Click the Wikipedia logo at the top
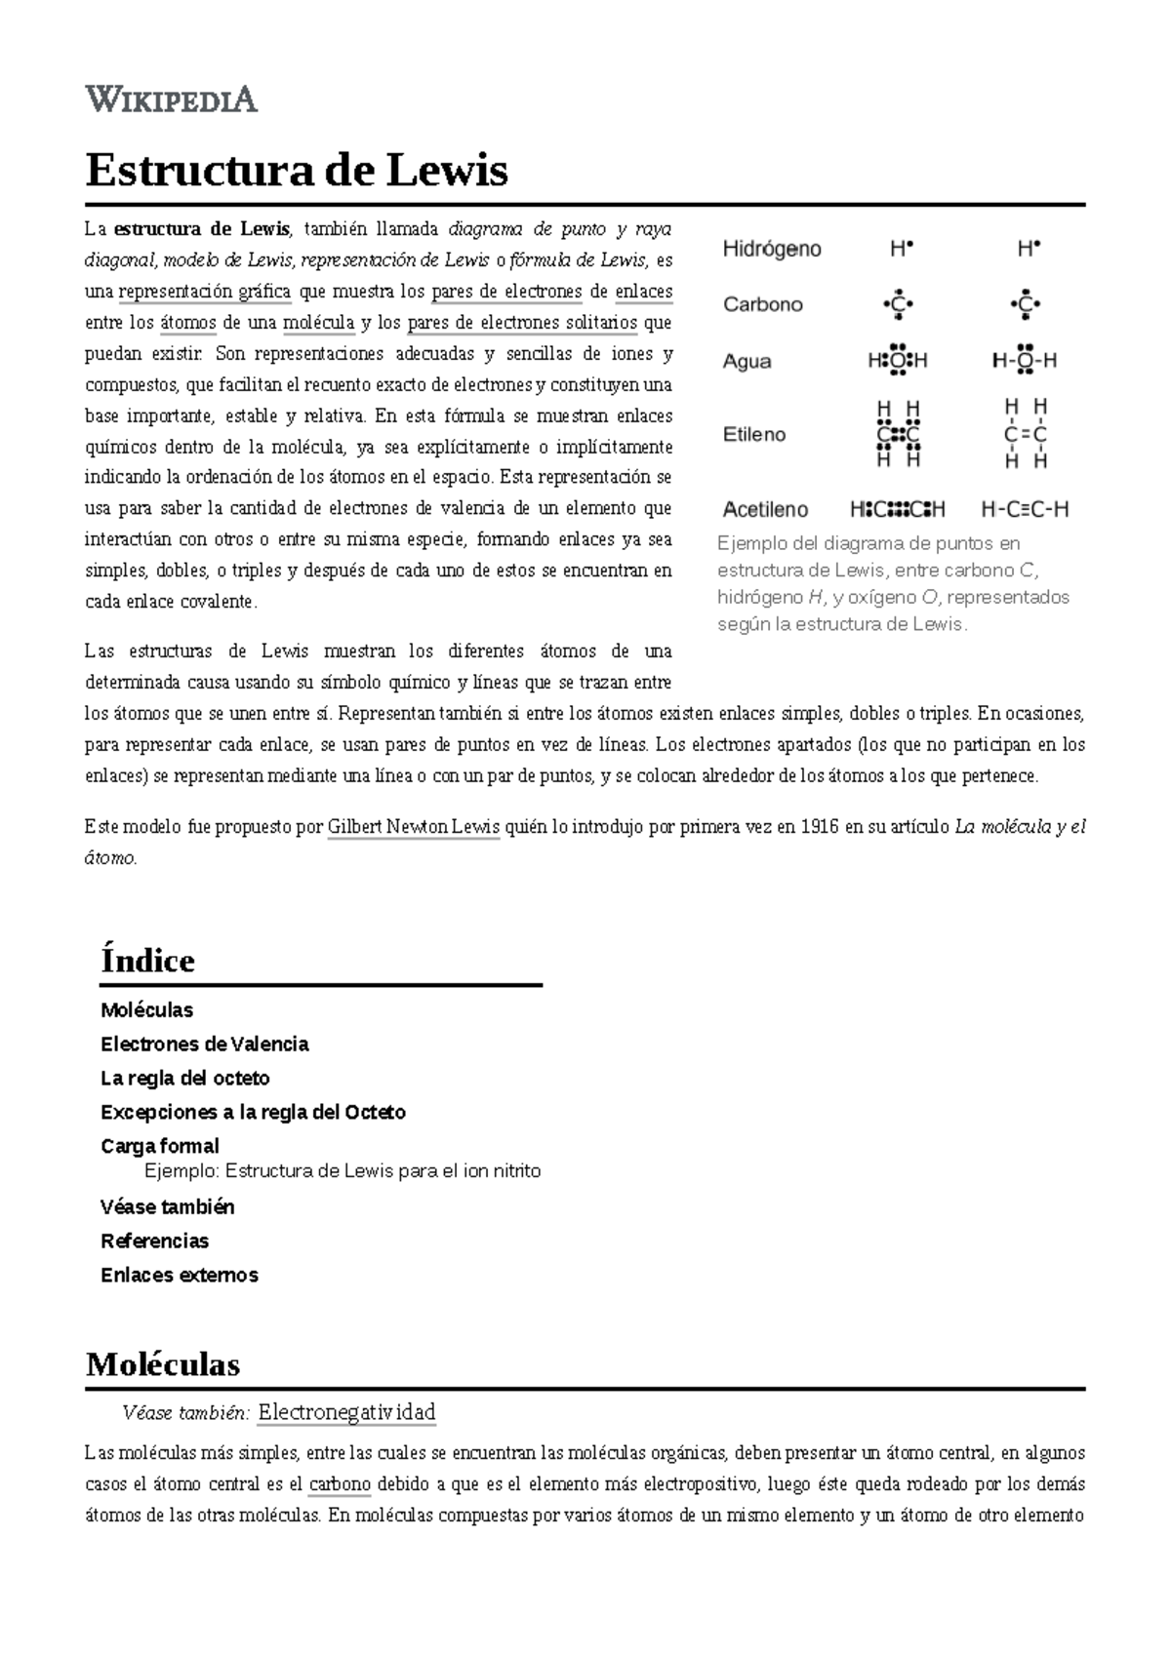172,99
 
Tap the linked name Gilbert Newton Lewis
413,827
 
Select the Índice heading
147,961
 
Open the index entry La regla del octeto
184,1078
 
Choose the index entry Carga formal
159,1146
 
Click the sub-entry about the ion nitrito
342,1170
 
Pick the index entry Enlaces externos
179,1275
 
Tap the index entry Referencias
154,1241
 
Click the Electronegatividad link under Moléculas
346,1411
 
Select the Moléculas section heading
163,1363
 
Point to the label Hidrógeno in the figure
771,249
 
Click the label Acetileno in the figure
765,509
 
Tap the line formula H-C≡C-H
1025,509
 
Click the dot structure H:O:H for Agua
898,360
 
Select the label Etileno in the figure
753,434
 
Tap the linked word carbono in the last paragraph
340,1484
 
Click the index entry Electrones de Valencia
204,1044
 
